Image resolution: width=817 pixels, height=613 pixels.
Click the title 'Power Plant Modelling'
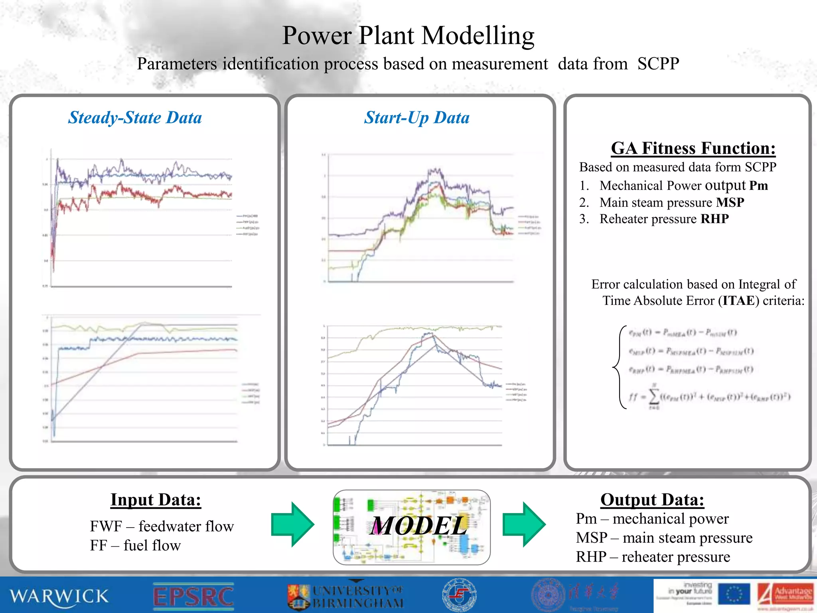click(x=408, y=36)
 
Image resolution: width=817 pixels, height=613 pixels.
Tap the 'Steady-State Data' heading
click(x=135, y=118)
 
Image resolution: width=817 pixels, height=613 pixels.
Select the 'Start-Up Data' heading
click(x=416, y=118)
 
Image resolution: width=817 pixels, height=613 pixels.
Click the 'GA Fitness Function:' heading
click(x=693, y=148)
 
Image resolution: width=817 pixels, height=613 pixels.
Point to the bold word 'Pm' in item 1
click(x=758, y=186)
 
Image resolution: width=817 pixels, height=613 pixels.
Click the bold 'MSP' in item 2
click(x=730, y=203)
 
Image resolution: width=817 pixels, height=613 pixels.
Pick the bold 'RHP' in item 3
click(x=715, y=219)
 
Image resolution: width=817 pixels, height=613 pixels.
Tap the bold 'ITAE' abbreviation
click(x=738, y=301)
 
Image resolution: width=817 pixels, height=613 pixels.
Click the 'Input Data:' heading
click(x=156, y=500)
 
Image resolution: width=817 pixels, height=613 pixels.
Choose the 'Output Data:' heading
click(x=652, y=500)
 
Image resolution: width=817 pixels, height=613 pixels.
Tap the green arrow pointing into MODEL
click(x=292, y=524)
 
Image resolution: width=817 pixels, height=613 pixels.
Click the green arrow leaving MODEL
click(x=524, y=524)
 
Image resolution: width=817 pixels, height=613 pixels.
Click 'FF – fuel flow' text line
click(x=135, y=546)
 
